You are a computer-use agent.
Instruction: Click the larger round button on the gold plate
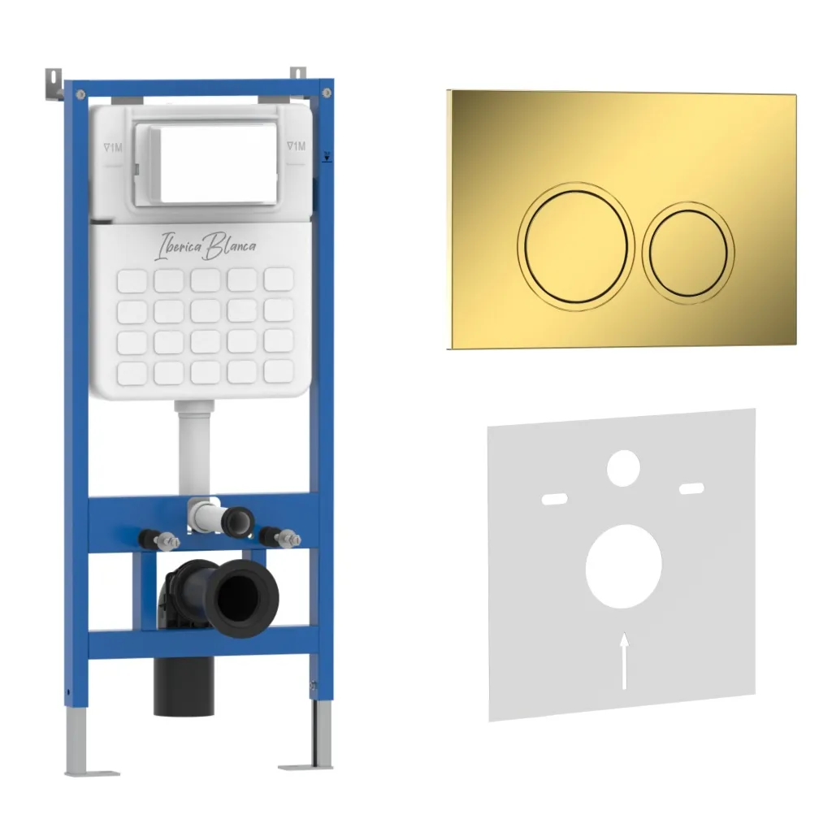click(576, 246)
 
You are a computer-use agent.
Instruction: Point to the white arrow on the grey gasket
click(625, 661)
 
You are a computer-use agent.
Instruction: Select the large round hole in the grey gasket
click(623, 566)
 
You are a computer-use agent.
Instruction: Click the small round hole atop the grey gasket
click(623, 468)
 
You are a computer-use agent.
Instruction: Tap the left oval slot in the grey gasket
click(554, 499)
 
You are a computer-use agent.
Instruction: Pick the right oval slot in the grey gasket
click(692, 488)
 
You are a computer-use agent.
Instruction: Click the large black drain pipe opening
click(241, 597)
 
